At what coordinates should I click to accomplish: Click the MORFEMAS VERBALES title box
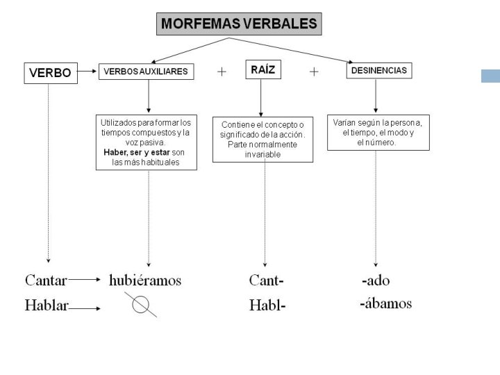239,24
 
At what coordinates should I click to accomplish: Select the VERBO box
49,73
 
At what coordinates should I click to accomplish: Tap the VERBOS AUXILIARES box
147,72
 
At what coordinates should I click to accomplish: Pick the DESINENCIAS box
379,71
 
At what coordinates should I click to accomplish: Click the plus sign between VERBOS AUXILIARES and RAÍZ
222,72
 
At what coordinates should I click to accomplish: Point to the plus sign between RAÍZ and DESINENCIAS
314,72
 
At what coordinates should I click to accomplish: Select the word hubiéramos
145,281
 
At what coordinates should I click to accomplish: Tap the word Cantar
46,281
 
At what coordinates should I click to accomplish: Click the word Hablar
46,306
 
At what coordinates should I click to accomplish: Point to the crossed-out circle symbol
141,304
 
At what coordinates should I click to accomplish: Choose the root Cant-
266,281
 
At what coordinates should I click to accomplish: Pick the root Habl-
267,306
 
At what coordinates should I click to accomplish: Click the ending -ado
376,281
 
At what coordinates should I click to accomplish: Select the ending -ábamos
385,303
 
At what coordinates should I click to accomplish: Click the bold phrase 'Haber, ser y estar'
136,152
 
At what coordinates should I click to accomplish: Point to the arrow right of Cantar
85,281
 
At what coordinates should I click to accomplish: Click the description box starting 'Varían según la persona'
378,132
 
